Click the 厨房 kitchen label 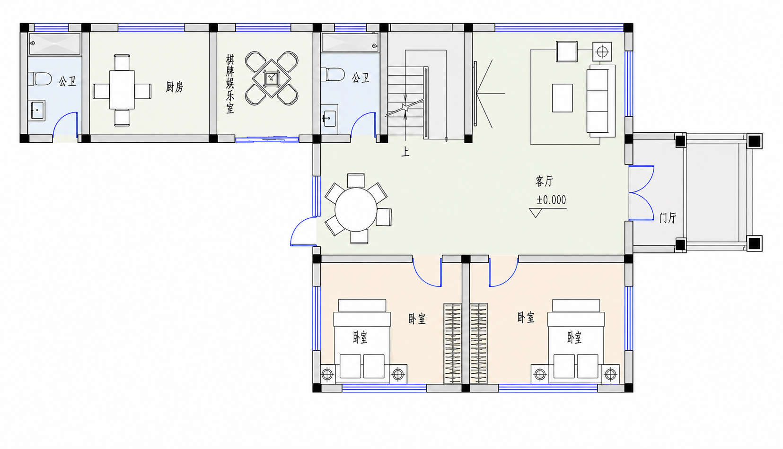pyautogui.click(x=174, y=87)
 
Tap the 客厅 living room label pyautogui.click(x=544, y=181)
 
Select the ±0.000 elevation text pyautogui.click(x=551, y=200)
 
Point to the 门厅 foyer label pyautogui.click(x=668, y=218)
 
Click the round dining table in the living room pyautogui.click(x=356, y=210)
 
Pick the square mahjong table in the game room pyautogui.click(x=272, y=78)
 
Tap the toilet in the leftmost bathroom pyautogui.click(x=39, y=78)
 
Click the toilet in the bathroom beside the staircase pyautogui.click(x=333, y=74)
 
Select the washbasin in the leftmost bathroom pyautogui.click(x=37, y=110)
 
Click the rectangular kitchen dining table pyautogui.click(x=122, y=90)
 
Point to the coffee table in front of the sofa pyautogui.click(x=562, y=98)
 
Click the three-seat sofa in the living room pyautogui.click(x=601, y=101)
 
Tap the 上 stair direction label pyautogui.click(x=405, y=152)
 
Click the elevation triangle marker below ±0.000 pyautogui.click(x=536, y=213)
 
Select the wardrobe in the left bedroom pyautogui.click(x=453, y=344)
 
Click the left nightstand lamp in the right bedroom pyautogui.click(x=540, y=375)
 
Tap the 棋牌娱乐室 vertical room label pyautogui.click(x=229, y=84)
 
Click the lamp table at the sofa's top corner pyautogui.click(x=602, y=52)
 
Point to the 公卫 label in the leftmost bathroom pyautogui.click(x=68, y=81)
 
